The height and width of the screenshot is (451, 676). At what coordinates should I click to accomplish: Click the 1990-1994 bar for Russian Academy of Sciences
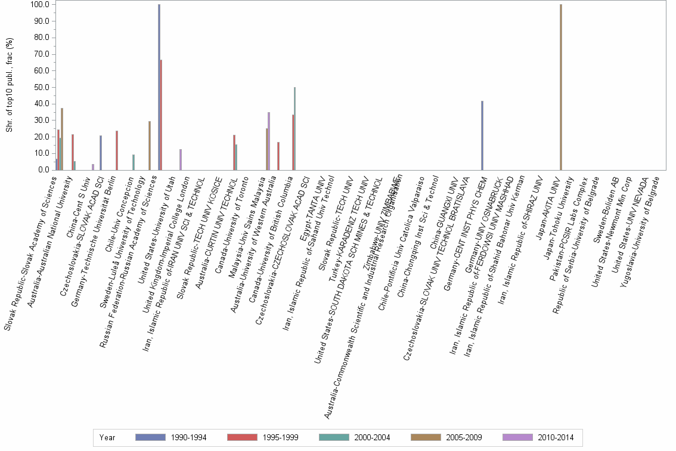[159, 87]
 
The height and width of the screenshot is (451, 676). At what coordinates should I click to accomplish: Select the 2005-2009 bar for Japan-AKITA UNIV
[561, 87]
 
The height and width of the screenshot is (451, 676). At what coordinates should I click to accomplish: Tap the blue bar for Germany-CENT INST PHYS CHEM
[482, 135]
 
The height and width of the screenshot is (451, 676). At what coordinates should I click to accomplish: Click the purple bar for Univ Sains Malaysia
[269, 141]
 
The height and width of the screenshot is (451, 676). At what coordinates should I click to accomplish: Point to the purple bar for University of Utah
[181, 159]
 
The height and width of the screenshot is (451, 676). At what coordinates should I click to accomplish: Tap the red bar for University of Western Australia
[278, 156]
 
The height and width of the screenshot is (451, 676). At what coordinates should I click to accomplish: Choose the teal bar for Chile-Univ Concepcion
[134, 162]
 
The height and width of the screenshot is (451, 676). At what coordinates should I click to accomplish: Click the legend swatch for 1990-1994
[151, 437]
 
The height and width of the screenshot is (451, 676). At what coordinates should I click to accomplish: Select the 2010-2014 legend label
[556, 437]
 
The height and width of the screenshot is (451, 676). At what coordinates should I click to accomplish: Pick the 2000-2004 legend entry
[372, 437]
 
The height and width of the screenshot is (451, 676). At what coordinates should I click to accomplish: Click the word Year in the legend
[107, 437]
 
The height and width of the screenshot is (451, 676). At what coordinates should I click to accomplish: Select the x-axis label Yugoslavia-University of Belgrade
[638, 233]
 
